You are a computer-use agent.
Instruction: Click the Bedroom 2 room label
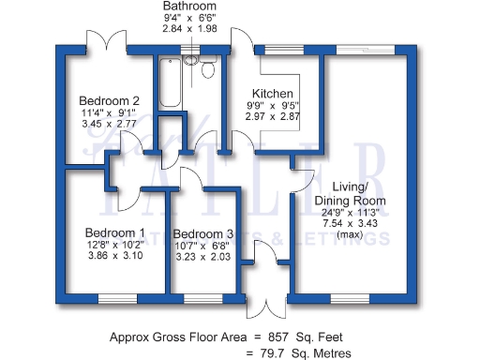109,101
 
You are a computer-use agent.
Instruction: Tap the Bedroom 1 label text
114,233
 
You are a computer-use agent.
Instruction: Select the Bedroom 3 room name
202,234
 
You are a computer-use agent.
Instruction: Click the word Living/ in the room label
350,187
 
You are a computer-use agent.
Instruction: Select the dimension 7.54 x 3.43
350,225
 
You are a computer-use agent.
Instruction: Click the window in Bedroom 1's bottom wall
119,299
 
